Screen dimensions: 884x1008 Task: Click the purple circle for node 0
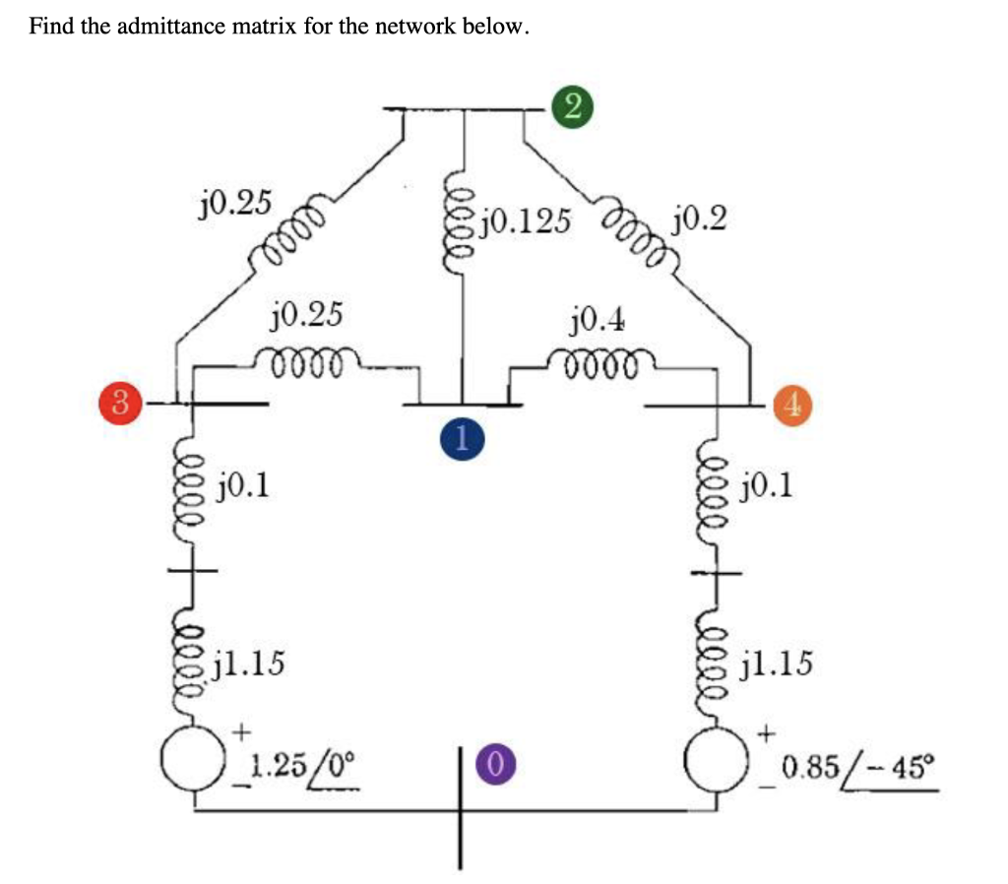pos(496,762)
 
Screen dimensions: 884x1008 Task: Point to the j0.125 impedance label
pos(527,221)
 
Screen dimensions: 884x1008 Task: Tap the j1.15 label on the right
pos(778,665)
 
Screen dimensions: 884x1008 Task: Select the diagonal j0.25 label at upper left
pos(232,204)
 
